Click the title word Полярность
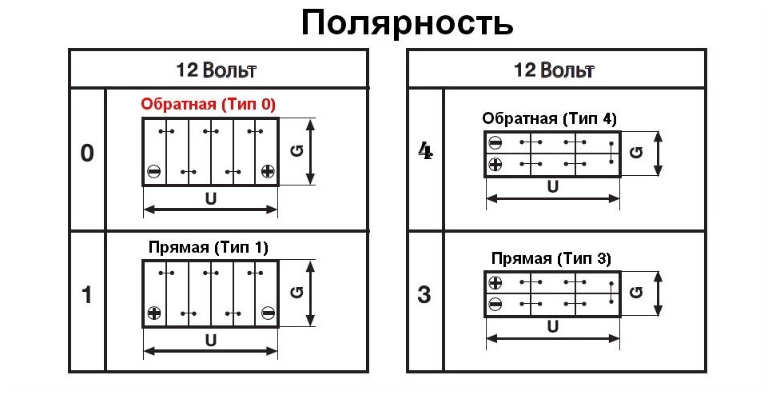tap(408, 23)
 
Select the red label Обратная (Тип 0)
tap(208, 104)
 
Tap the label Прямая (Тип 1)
tap(209, 247)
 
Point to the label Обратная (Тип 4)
tap(549, 119)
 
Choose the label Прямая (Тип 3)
tap(551, 259)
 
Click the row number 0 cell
tap(87, 154)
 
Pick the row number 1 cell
tap(87, 295)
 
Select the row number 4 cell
tap(425, 152)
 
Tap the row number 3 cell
tap(425, 295)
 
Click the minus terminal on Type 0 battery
tap(154, 171)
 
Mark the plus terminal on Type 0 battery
tap(268, 171)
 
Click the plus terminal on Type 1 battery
tap(154, 313)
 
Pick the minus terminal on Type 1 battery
tap(268, 313)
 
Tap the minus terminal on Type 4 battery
tap(495, 143)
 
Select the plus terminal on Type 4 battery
tap(495, 165)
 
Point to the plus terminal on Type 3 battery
tap(495, 282)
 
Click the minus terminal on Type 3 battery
tap(495, 304)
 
